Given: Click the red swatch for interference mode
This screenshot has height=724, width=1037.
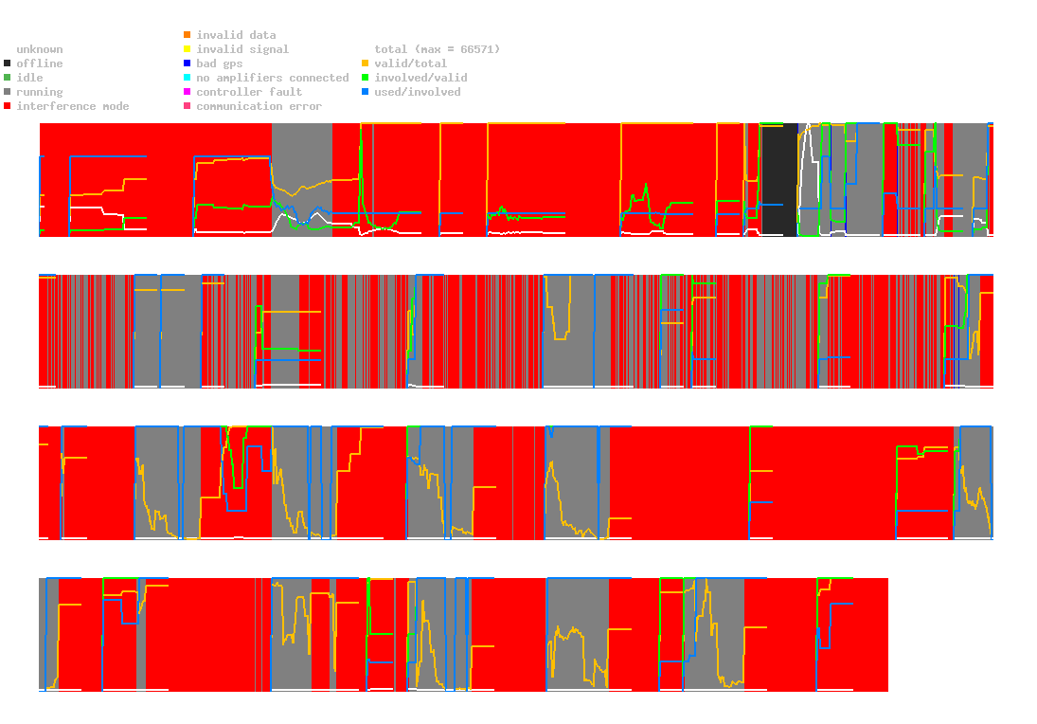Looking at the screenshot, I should click(x=8, y=106).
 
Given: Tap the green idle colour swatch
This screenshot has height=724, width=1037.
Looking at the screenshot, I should click(x=8, y=78).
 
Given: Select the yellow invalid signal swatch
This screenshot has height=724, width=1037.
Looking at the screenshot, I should click(x=188, y=49).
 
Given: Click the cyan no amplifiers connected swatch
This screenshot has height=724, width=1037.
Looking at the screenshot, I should click(x=188, y=78).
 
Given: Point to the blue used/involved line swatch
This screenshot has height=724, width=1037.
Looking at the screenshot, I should click(x=366, y=92).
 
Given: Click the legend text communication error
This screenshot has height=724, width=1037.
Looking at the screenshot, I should click(x=259, y=106).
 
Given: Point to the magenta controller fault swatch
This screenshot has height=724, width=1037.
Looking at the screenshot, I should click(x=188, y=92).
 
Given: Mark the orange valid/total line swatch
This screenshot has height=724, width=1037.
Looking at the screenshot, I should click(x=366, y=63).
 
